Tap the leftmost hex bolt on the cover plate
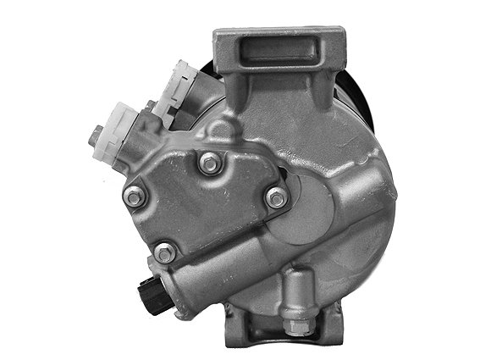click(x=132, y=196)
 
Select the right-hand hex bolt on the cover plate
click(x=276, y=198)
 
